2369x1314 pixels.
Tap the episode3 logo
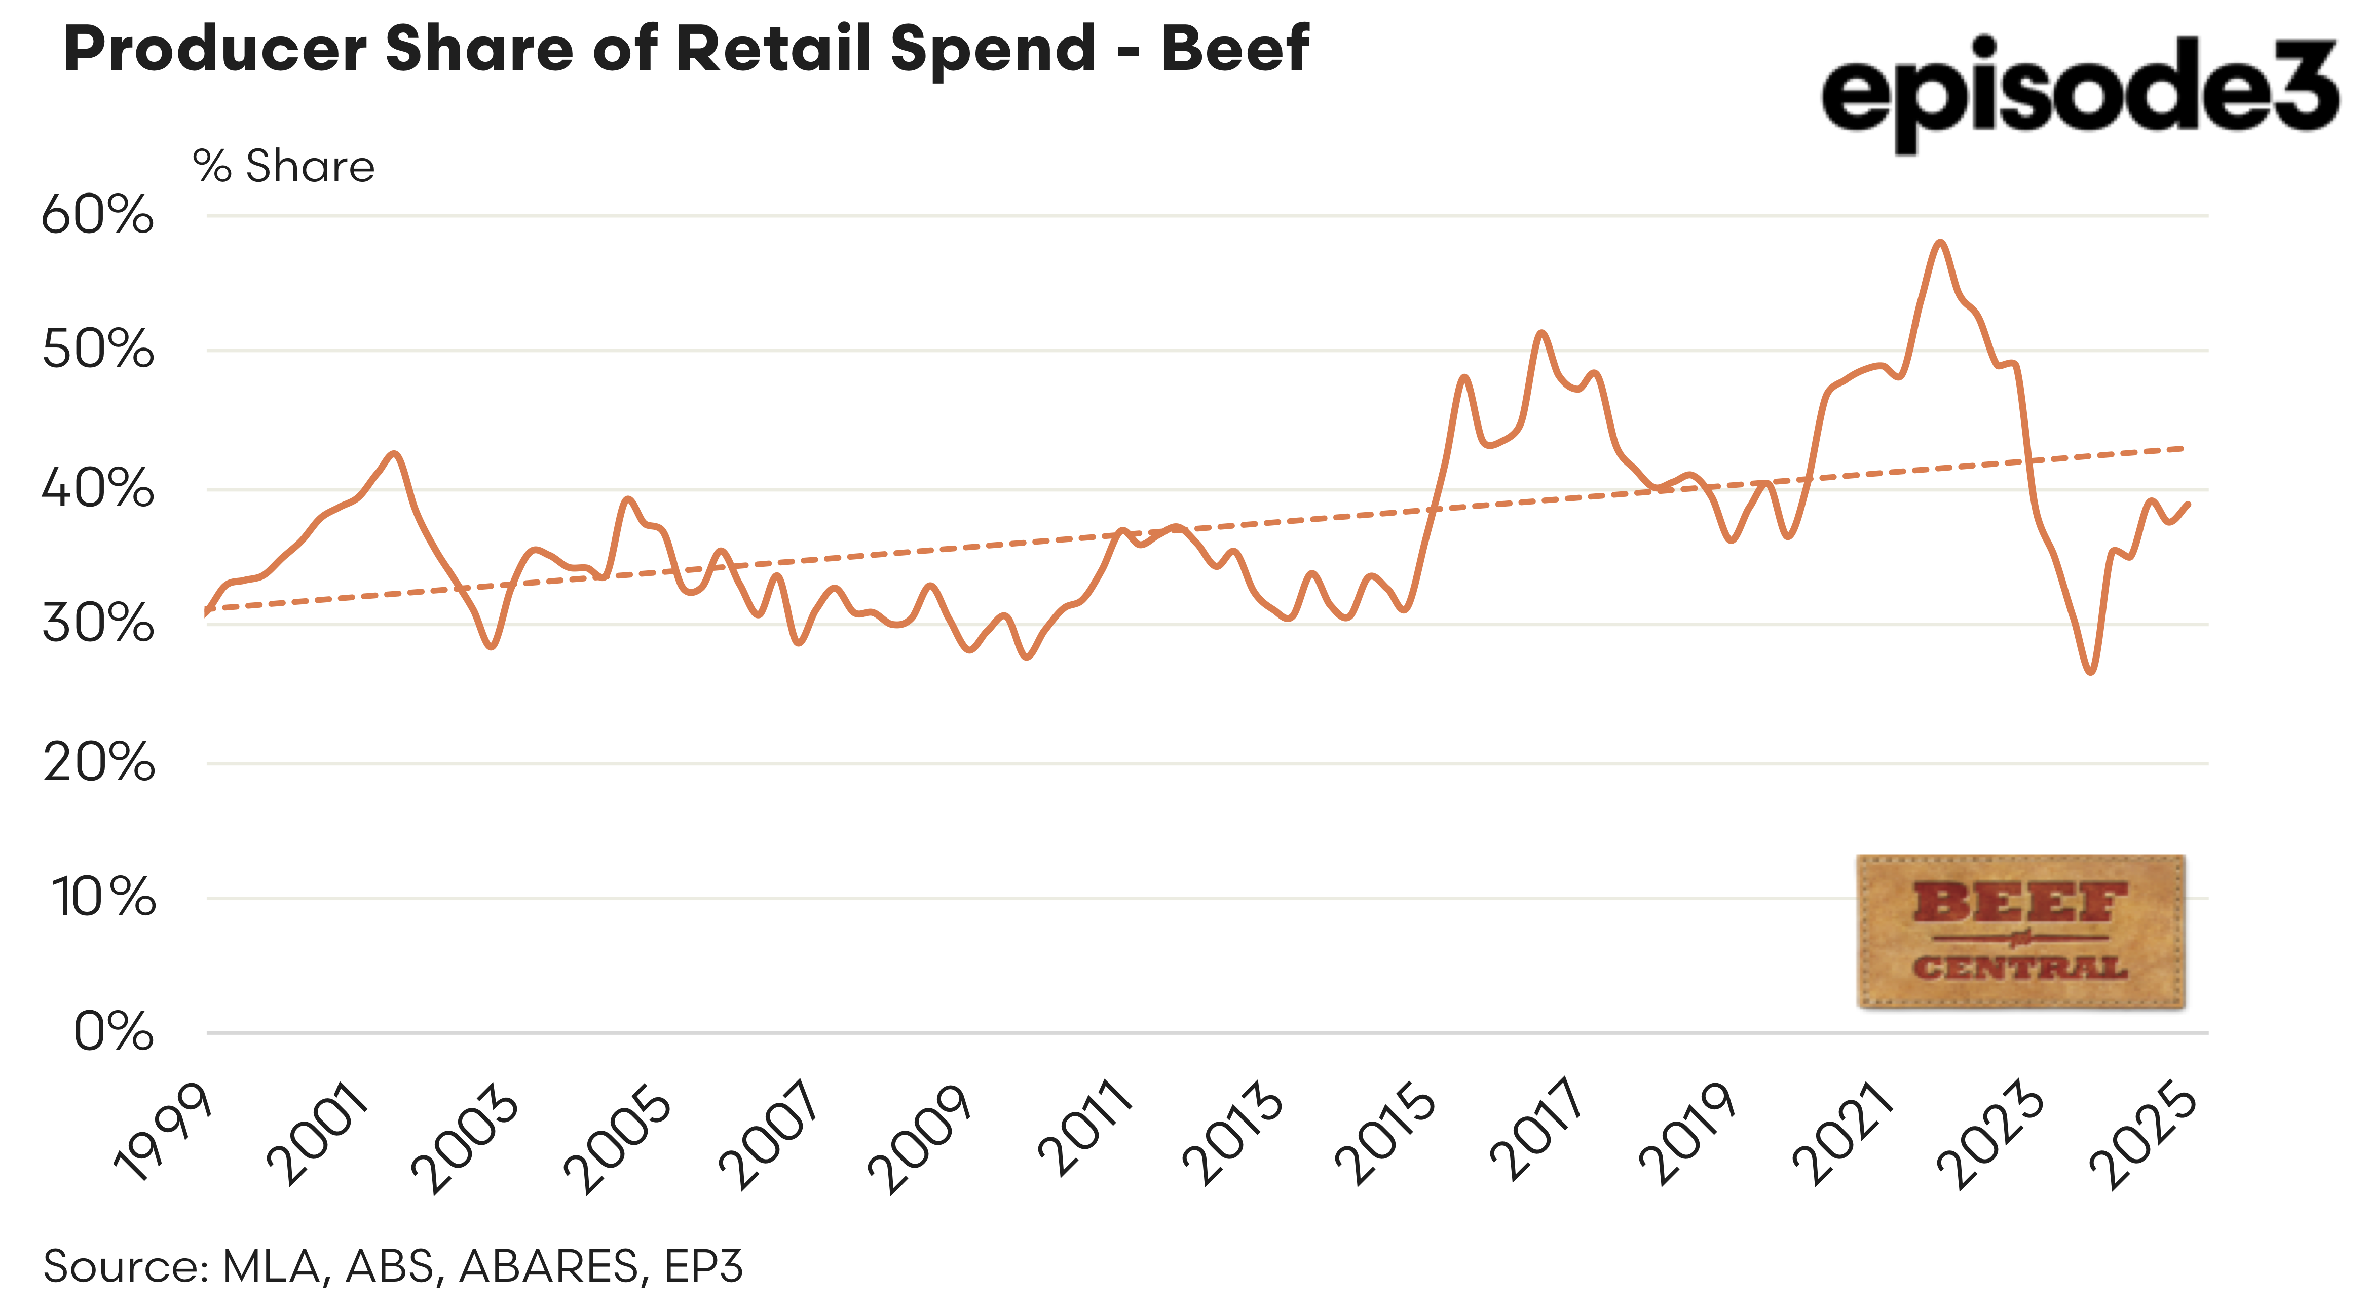pos(2079,92)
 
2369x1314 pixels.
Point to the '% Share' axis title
pos(283,167)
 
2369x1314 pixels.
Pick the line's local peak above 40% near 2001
pos(395,453)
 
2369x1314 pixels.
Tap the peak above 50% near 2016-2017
pos(1542,333)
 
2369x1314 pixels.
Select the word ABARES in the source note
pos(548,1266)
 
